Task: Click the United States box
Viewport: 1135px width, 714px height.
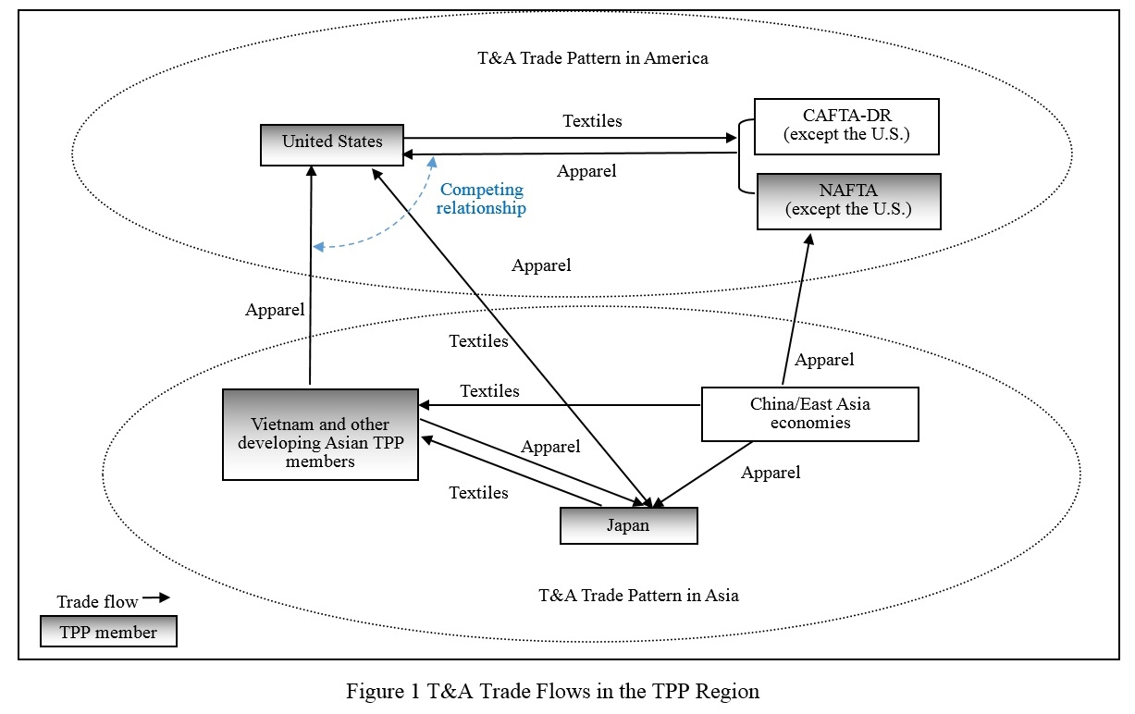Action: coord(332,143)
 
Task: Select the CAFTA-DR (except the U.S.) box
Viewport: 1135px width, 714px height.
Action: coord(847,127)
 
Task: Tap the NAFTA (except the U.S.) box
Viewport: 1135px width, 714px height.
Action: coord(847,201)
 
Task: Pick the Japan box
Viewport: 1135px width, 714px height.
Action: coord(628,525)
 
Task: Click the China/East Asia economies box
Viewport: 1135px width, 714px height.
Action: coord(809,413)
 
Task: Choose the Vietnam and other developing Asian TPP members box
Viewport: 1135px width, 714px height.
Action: coord(320,435)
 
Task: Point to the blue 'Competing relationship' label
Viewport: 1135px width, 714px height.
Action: coord(482,199)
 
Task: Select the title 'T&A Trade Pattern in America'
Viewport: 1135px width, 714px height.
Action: coord(592,58)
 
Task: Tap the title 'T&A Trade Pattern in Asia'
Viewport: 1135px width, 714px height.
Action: coord(638,595)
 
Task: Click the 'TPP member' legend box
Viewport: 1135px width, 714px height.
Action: coord(108,633)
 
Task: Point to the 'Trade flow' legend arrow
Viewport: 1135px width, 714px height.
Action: coord(156,598)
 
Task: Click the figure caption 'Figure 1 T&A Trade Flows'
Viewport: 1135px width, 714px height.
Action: coord(552,691)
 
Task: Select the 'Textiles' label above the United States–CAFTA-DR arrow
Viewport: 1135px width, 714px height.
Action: coord(592,121)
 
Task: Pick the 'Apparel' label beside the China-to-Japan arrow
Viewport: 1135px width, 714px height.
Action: coord(771,473)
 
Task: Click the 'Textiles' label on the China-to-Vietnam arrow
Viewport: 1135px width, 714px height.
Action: coord(489,391)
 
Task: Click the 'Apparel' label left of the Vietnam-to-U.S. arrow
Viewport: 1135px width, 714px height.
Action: coord(275,310)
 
